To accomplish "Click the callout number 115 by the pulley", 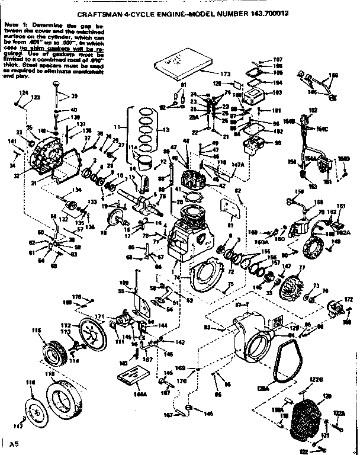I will (36, 330).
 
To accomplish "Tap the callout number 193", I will (277, 94).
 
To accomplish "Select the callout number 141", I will (12, 141).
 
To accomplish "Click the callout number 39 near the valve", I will (74, 96).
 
